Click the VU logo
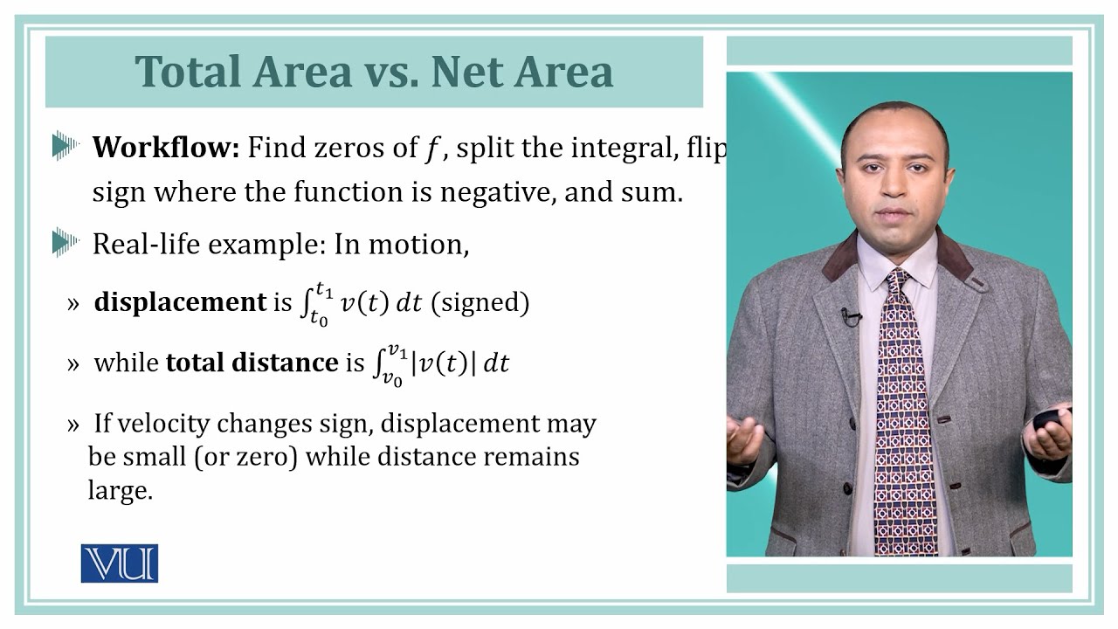click(x=120, y=563)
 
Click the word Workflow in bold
click(x=165, y=148)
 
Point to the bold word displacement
click(x=180, y=302)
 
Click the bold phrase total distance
click(x=252, y=363)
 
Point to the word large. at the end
click(x=120, y=490)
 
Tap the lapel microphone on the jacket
click(x=849, y=315)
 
